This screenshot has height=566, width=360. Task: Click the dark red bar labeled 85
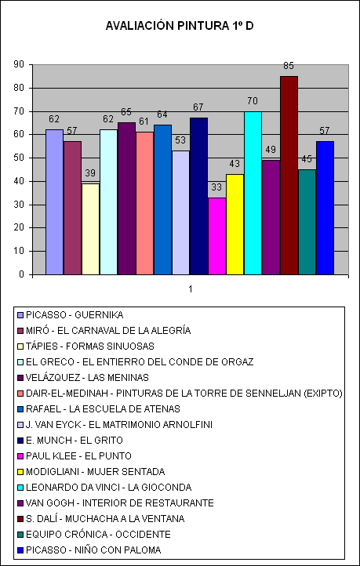click(289, 176)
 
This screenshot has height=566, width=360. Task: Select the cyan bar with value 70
click(253, 193)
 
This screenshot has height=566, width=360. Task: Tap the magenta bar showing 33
click(216, 236)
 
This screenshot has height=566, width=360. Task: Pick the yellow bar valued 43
click(235, 224)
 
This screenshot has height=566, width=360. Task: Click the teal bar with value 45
click(307, 222)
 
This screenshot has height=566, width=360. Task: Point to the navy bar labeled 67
click(198, 196)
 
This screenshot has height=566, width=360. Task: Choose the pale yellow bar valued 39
click(90, 229)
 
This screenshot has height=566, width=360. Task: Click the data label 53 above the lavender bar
click(180, 141)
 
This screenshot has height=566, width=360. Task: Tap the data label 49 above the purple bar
click(271, 150)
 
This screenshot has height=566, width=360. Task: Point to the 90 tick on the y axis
click(18, 64)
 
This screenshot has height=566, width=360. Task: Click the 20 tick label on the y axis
click(18, 228)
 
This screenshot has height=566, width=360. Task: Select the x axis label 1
click(191, 289)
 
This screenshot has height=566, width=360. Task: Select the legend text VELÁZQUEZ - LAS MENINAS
click(87, 378)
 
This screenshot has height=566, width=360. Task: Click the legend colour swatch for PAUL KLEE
click(21, 456)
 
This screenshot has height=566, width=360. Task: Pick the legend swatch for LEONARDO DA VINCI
click(21, 488)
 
